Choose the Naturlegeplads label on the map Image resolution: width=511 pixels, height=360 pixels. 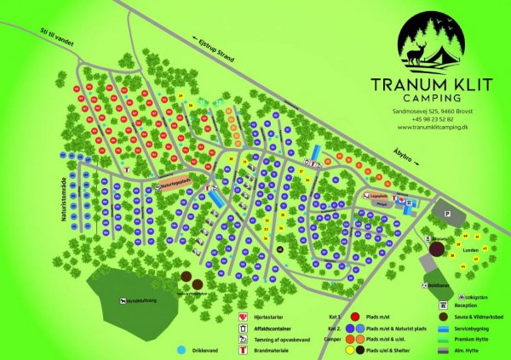click(x=169, y=183)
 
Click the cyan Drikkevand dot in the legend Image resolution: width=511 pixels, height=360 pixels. click(x=181, y=350)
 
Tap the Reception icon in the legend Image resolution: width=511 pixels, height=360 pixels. click(x=443, y=305)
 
